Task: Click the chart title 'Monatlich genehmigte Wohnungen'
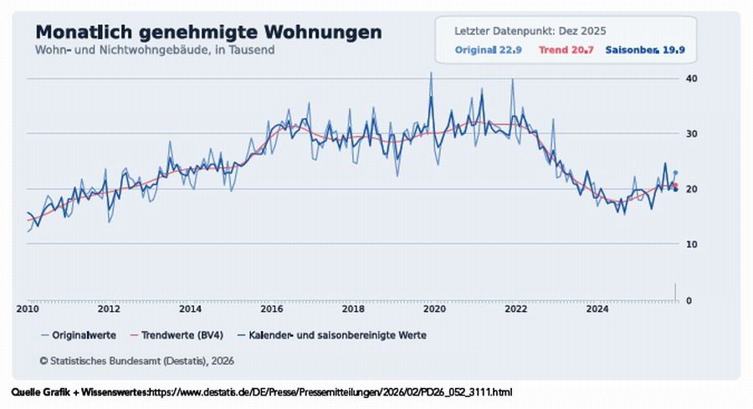coord(208,32)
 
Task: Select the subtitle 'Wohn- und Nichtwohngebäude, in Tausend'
coord(155,49)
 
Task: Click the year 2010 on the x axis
coord(28,309)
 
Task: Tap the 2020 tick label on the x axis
coord(434,309)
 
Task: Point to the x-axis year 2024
coord(597,309)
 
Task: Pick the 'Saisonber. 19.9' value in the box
coord(644,50)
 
